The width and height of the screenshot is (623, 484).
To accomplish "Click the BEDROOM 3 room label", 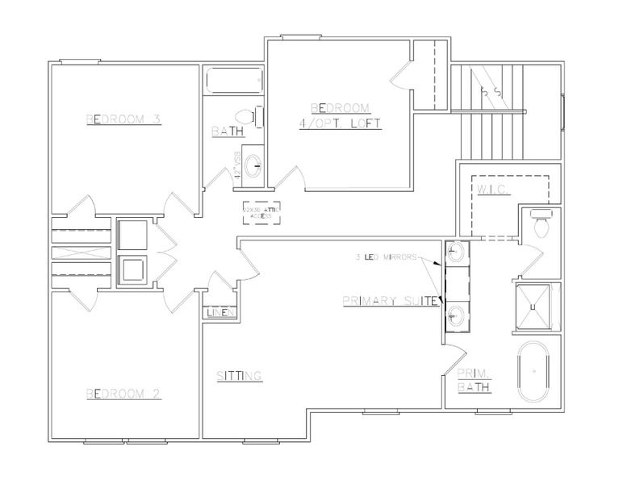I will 124,119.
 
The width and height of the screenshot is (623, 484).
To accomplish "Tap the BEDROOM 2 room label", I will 124,394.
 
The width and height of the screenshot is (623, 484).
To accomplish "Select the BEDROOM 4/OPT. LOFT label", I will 339,115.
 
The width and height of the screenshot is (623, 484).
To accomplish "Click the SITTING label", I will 239,376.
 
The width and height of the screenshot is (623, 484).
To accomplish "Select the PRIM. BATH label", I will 475,380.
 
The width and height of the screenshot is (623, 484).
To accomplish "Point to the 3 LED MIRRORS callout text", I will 386,258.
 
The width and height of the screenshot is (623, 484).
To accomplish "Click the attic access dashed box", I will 261,213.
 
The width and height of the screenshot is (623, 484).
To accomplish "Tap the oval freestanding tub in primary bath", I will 533,371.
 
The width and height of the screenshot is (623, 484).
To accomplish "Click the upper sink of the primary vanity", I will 457,253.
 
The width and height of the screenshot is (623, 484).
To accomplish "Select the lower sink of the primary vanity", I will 457,315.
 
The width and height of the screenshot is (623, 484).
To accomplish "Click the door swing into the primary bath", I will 457,360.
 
